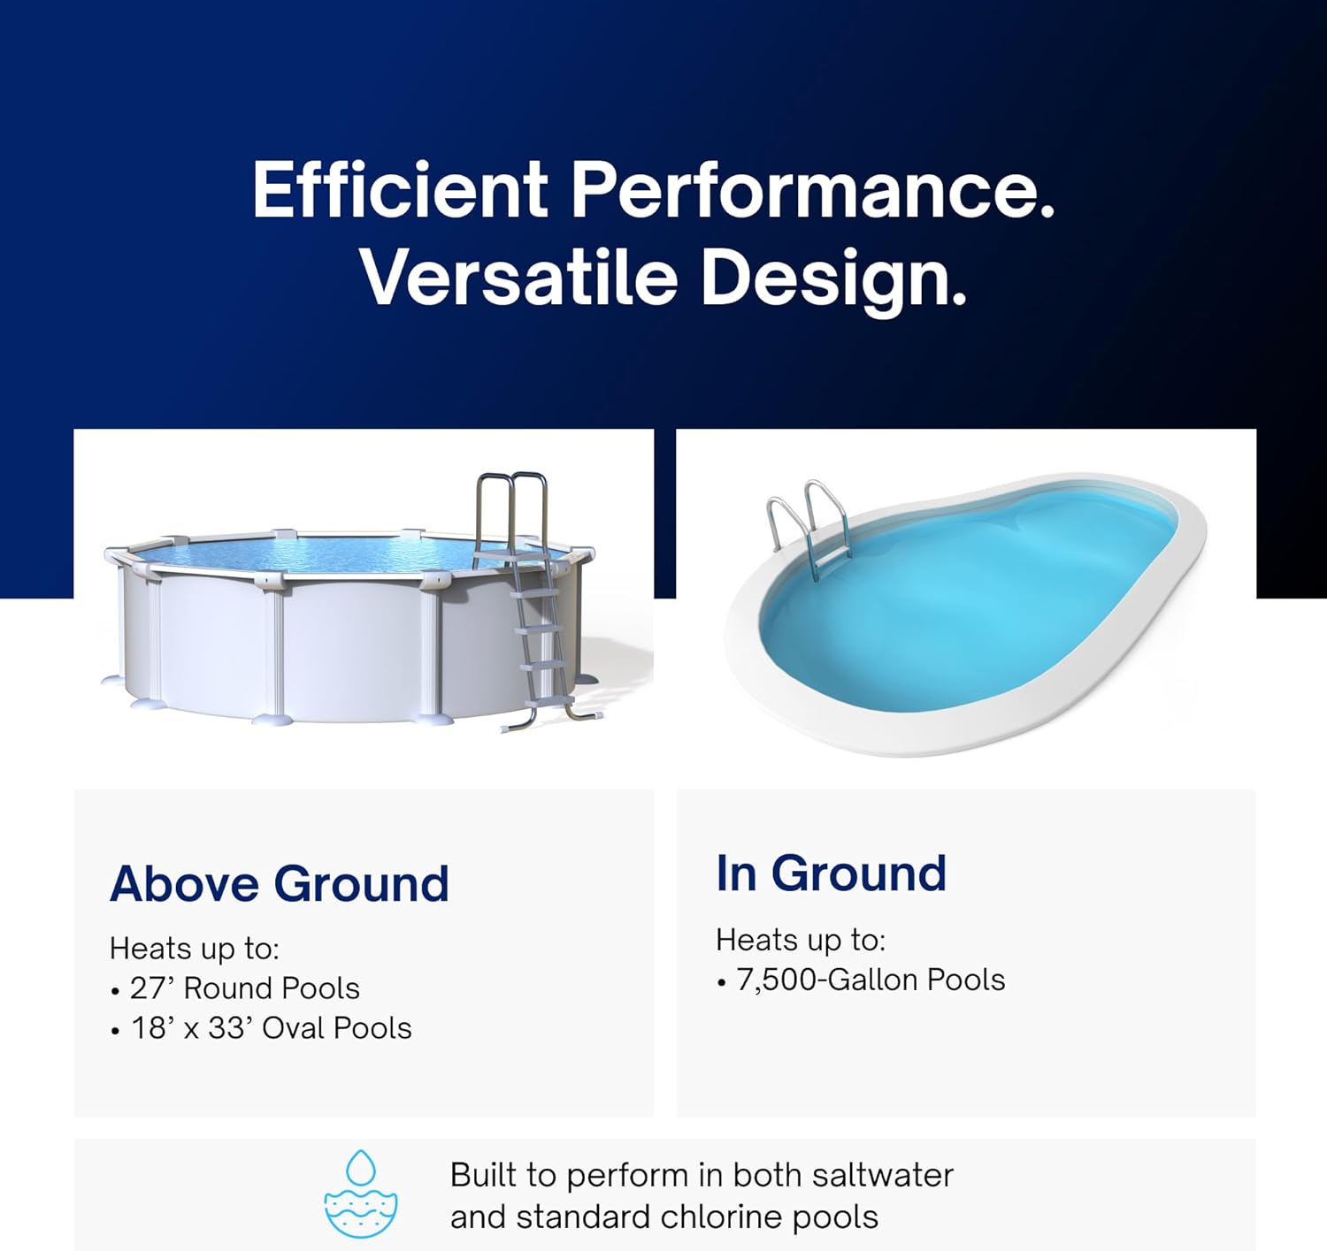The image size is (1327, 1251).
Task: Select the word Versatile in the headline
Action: pos(518,277)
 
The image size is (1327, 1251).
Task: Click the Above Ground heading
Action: pos(280,883)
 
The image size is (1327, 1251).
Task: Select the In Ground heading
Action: pos(831,873)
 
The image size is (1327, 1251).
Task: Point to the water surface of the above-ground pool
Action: pos(336,554)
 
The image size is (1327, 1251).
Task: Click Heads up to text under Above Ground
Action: pos(194,948)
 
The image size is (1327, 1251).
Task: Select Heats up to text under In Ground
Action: pos(800,939)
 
